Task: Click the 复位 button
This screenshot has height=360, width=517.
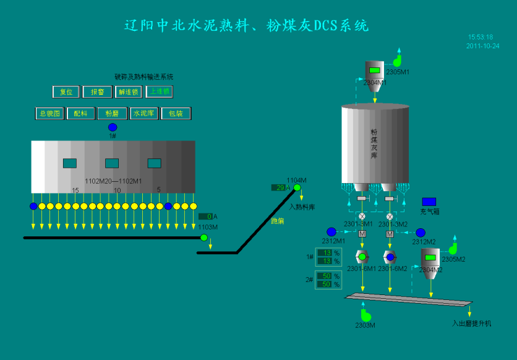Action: (66, 92)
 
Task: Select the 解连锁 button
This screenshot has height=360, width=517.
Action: (128, 92)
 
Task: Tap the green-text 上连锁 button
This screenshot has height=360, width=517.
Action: (160, 92)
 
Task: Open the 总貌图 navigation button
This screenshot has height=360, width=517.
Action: (49, 113)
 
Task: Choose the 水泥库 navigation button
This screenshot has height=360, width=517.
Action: (144, 113)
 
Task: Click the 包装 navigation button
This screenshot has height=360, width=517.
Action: (176, 113)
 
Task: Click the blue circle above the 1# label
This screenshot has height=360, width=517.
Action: (113, 127)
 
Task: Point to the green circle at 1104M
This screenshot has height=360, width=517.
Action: (297, 187)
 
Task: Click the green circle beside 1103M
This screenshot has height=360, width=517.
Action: (204, 238)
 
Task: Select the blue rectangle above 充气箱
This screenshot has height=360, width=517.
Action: (429, 202)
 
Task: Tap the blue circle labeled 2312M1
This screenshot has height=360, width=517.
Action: (331, 232)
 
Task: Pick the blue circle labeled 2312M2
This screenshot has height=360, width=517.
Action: (421, 233)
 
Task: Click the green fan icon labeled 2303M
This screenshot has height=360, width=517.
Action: (365, 315)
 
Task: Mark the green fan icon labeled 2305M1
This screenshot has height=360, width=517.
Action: (397, 61)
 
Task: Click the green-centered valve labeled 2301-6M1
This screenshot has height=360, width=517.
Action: (362, 257)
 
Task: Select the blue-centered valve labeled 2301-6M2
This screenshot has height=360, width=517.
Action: (390, 257)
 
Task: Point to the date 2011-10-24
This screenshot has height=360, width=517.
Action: (482, 46)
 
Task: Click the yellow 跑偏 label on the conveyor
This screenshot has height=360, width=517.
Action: (278, 220)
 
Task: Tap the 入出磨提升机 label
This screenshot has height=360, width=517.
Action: (471, 323)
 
